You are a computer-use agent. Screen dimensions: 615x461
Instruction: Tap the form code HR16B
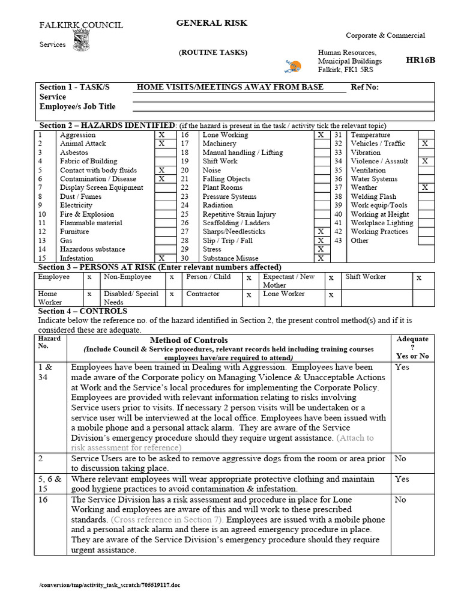pyautogui.click(x=420, y=61)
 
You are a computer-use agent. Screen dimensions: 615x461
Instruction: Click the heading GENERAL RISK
pyautogui.click(x=211, y=23)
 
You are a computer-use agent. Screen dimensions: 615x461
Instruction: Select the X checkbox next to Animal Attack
pyautogui.click(x=161, y=144)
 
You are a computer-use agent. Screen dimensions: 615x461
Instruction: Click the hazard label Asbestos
pyautogui.click(x=74, y=153)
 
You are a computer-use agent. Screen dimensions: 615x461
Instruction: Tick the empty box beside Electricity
pyautogui.click(x=161, y=205)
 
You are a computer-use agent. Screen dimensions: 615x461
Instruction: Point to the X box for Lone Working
pyautogui.click(x=321, y=135)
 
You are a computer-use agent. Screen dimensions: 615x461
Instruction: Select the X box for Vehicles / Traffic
pyautogui.click(x=425, y=144)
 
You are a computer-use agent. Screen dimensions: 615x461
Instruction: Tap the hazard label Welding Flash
pyautogui.click(x=373, y=196)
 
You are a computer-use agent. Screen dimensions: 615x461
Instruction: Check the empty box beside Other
pyautogui.click(x=425, y=241)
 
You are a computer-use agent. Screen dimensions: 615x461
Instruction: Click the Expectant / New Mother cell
pyautogui.click(x=289, y=280)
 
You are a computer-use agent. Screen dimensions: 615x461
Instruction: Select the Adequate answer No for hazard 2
pyautogui.click(x=400, y=459)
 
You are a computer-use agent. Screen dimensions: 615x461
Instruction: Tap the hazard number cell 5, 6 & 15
pyautogui.click(x=50, y=483)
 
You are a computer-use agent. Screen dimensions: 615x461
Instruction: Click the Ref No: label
pyautogui.click(x=364, y=87)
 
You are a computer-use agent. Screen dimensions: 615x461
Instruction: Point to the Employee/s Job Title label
pyautogui.click(x=77, y=107)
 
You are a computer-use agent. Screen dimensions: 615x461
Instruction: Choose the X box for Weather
pyautogui.click(x=425, y=188)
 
